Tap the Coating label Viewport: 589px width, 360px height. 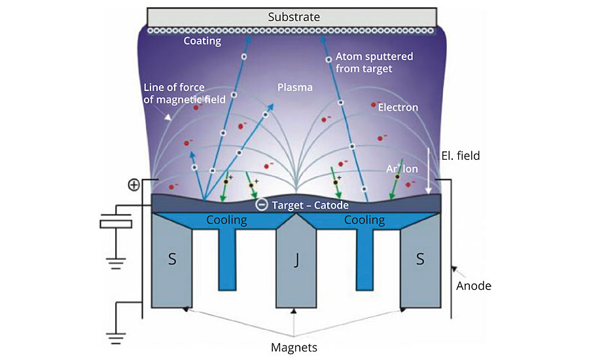(202, 41)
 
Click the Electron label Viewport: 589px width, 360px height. (398, 107)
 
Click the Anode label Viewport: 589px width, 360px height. (474, 285)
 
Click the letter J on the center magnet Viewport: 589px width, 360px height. (296, 260)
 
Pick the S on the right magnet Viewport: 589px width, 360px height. (420, 259)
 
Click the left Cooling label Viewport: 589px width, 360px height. (226, 220)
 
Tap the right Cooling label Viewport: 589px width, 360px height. (365, 220)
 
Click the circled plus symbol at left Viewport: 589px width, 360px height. (134, 185)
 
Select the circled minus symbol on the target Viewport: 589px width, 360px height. (260, 204)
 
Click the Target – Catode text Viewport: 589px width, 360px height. (306, 205)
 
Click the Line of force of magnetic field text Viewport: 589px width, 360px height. (184, 93)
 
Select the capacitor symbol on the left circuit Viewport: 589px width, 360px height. (116, 223)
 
